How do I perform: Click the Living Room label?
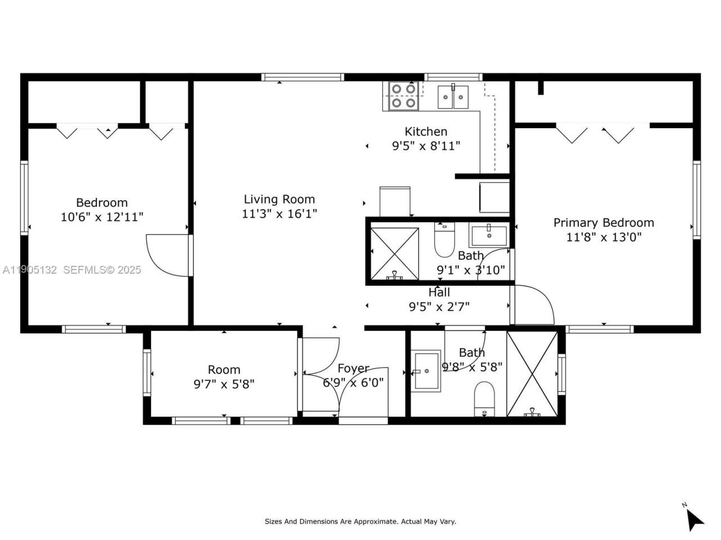[279, 199]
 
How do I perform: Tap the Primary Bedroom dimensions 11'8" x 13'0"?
[603, 237]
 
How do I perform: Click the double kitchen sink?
[454, 96]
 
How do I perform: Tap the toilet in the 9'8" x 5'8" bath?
[484, 398]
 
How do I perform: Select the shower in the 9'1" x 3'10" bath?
[394, 253]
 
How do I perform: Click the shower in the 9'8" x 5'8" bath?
[532, 374]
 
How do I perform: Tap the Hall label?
[439, 292]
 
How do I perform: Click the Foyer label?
[353, 368]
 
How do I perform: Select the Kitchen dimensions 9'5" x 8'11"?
[426, 146]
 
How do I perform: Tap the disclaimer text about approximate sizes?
[360, 521]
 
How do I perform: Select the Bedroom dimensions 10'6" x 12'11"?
[102, 217]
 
